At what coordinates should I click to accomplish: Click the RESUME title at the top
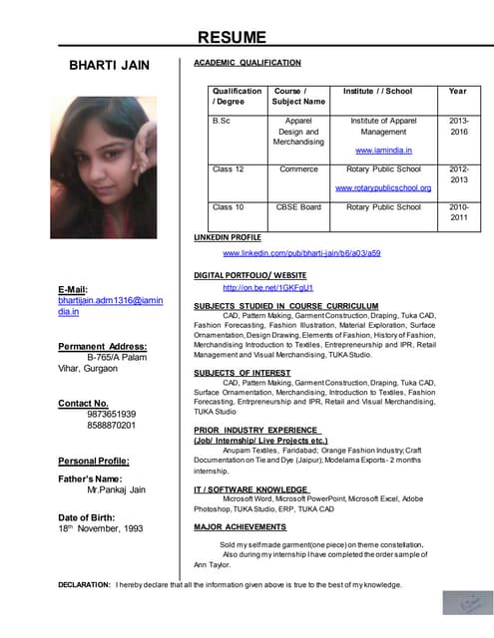(232, 38)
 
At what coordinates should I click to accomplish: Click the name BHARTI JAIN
(109, 66)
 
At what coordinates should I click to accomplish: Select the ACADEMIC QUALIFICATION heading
(247, 63)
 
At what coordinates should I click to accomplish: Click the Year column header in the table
(457, 91)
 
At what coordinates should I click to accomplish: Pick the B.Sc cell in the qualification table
(221, 120)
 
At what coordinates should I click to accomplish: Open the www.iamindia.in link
(383, 151)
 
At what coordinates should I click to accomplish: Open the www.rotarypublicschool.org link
(383, 187)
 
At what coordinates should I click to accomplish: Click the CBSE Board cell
(298, 207)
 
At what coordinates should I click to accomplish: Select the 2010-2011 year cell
(458, 212)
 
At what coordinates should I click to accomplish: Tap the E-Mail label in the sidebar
(75, 289)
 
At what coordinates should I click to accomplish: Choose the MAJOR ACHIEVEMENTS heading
(240, 526)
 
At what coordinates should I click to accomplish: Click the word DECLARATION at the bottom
(85, 584)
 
